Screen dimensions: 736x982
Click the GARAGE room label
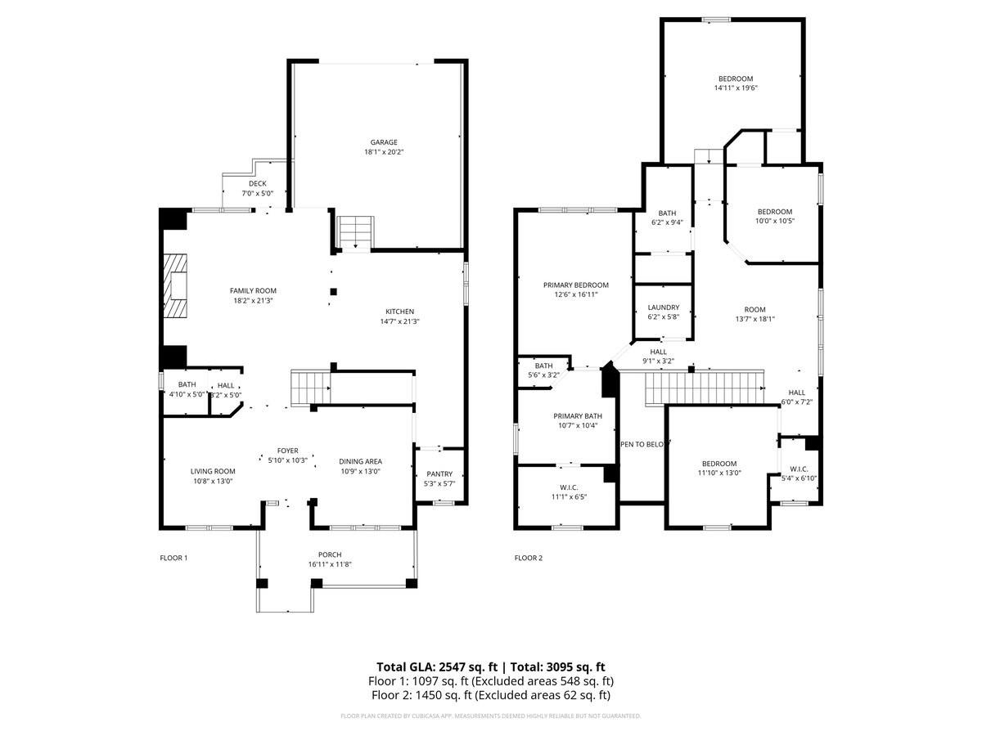pyautogui.click(x=377, y=141)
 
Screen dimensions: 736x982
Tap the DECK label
pyautogui.click(x=258, y=184)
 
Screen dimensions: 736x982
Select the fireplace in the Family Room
pyautogui.click(x=174, y=285)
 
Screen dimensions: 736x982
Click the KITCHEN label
pyautogui.click(x=400, y=311)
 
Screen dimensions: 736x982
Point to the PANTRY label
pyautogui.click(x=439, y=474)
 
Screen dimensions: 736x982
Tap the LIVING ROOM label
pyautogui.click(x=213, y=471)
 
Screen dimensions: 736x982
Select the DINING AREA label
pyautogui.click(x=361, y=461)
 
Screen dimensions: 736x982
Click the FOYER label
pyautogui.click(x=287, y=451)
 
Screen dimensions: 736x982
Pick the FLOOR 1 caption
pyautogui.click(x=173, y=558)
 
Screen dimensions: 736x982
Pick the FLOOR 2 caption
pyautogui.click(x=528, y=558)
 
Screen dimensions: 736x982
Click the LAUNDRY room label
pyautogui.click(x=664, y=307)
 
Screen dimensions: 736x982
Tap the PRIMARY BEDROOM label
pyautogui.click(x=576, y=285)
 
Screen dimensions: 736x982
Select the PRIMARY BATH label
pyautogui.click(x=577, y=415)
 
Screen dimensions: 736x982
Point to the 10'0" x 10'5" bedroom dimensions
pyautogui.click(x=774, y=221)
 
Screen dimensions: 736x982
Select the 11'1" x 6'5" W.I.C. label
pyautogui.click(x=568, y=496)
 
